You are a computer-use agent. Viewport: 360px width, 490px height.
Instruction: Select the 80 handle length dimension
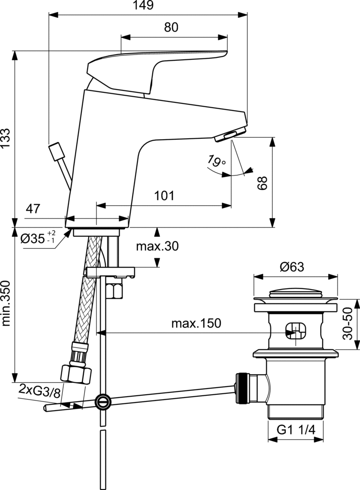point(171,28)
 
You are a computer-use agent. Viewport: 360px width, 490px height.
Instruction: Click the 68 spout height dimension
point(262,183)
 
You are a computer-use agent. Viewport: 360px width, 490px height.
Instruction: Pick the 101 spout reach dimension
point(164,196)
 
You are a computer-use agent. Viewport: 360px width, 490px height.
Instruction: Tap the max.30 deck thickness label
point(157,246)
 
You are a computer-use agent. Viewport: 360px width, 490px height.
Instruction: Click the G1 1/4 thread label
point(296,430)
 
